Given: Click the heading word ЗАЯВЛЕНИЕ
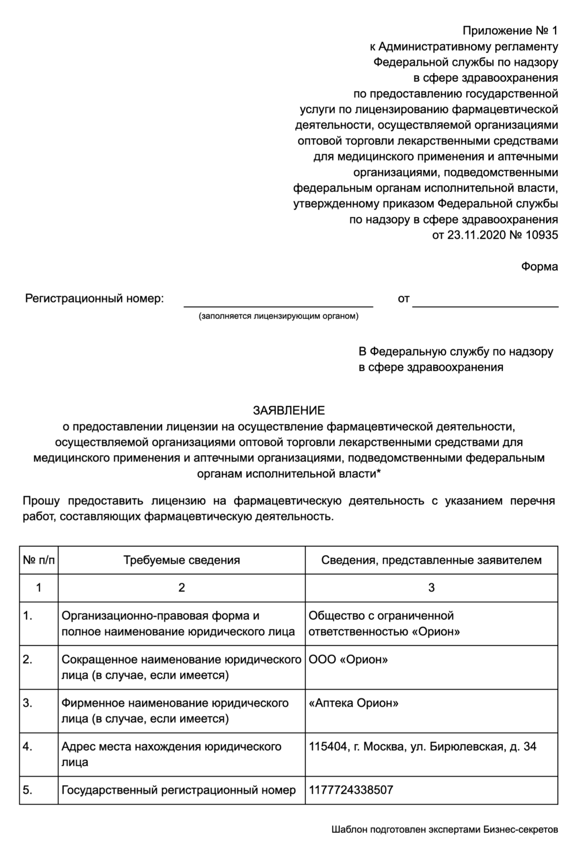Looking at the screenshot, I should pyautogui.click(x=288, y=410).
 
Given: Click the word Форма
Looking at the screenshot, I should pyautogui.click(x=539, y=267).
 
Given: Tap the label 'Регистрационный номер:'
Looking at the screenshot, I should pyautogui.click(x=94, y=298).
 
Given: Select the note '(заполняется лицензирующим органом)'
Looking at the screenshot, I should pyautogui.click(x=278, y=316).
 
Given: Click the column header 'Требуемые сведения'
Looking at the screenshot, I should pyautogui.click(x=182, y=560).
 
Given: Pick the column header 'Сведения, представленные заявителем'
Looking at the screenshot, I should pyautogui.click(x=431, y=560).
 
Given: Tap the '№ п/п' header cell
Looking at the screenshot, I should pyautogui.click(x=39, y=560).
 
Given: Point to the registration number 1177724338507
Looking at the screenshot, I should pyautogui.click(x=351, y=790).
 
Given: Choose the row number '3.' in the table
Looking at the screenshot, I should pyautogui.click(x=28, y=703).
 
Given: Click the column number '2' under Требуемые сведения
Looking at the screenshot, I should pyautogui.click(x=182, y=588).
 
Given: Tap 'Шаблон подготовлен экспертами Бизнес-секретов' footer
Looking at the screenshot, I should pyautogui.click(x=445, y=830).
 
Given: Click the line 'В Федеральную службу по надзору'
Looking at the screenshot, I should pyautogui.click(x=456, y=352).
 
